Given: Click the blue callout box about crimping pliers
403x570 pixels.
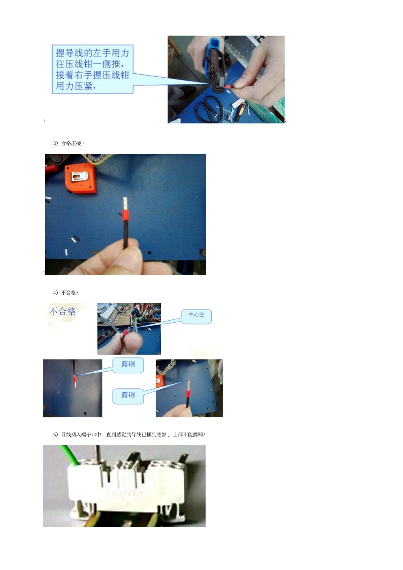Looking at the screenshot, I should pyautogui.click(x=92, y=69).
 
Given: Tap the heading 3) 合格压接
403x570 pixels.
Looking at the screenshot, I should pyautogui.click(x=68, y=143).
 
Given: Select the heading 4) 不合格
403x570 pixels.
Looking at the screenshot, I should pyautogui.click(x=65, y=293).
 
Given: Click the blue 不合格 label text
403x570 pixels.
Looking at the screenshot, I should pyautogui.click(x=62, y=312).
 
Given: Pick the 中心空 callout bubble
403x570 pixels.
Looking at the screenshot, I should pyautogui.click(x=196, y=315).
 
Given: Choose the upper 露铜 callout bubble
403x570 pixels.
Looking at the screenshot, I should pyautogui.click(x=128, y=364).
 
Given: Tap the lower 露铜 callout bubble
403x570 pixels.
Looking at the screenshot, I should pyautogui.click(x=128, y=395).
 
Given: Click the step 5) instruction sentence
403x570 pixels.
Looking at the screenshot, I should pyautogui.click(x=129, y=435).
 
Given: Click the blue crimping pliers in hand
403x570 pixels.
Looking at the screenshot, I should pyautogui.click(x=214, y=64).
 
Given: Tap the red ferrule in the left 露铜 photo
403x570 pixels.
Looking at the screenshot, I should pyautogui.click(x=75, y=378).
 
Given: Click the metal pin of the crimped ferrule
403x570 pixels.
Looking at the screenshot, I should pyautogui.click(x=125, y=203).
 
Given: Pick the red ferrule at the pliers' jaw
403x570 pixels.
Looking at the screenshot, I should pyautogui.click(x=228, y=87).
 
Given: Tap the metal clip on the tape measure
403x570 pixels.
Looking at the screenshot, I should pyautogui.click(x=81, y=176).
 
